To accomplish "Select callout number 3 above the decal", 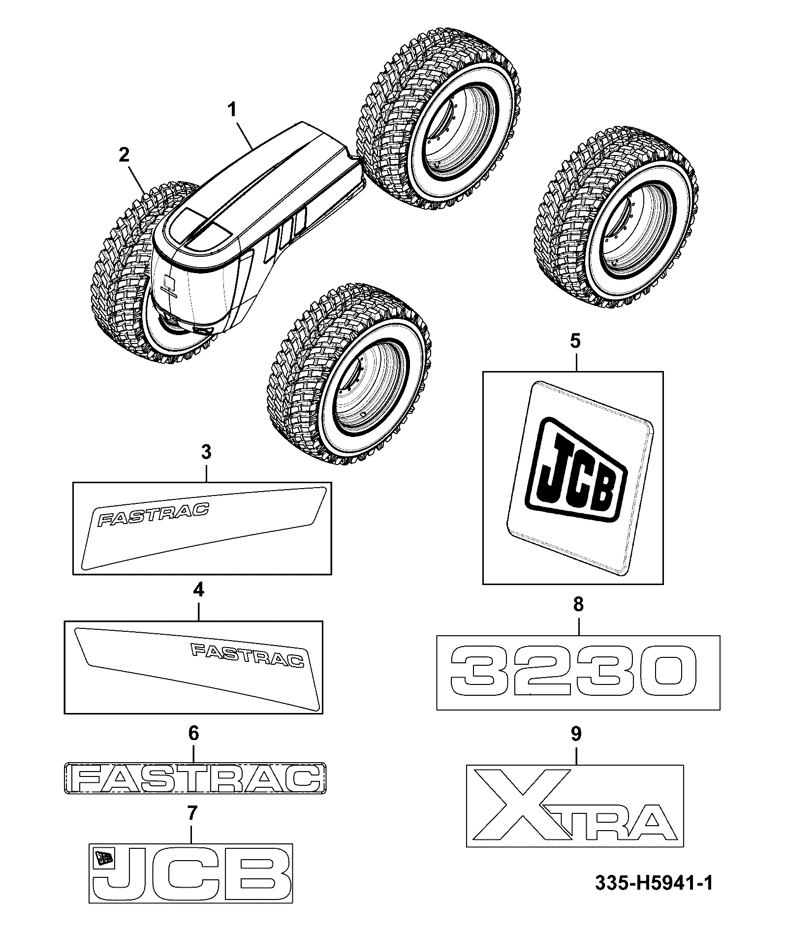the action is click(206, 451).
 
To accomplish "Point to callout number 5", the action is click(576, 341).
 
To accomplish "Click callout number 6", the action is click(193, 734).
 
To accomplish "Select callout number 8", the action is click(578, 604).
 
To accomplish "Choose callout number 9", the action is click(576, 734).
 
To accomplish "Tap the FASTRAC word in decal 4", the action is click(248, 656).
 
